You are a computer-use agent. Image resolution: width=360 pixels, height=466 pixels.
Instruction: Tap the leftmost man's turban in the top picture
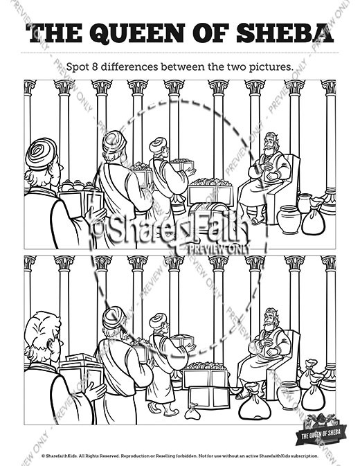pyautogui.click(x=42, y=154)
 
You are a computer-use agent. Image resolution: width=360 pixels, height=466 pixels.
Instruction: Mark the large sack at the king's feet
pyautogui.click(x=254, y=406)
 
